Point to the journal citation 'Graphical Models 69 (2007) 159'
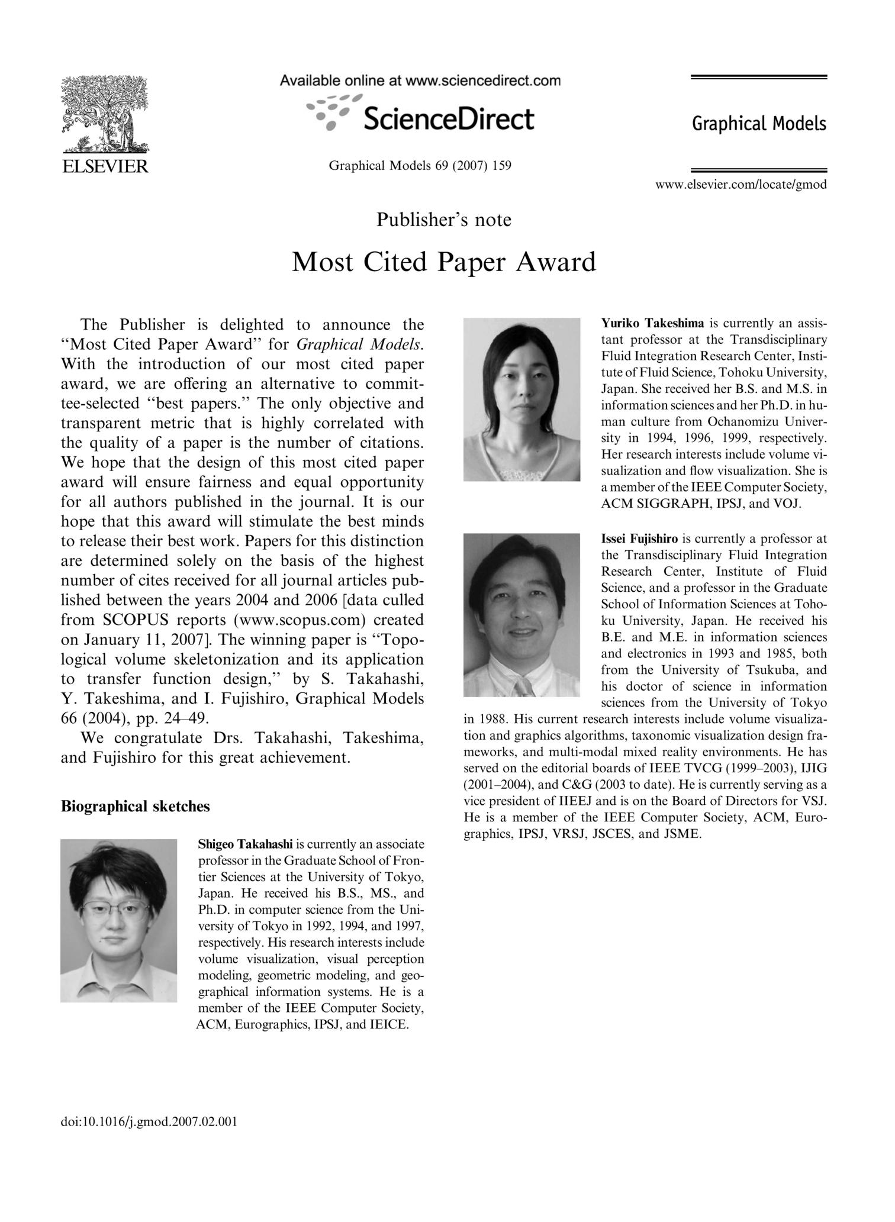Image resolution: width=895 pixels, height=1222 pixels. pyautogui.click(x=420, y=166)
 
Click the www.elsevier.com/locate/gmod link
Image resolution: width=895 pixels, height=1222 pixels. pyautogui.click(x=741, y=185)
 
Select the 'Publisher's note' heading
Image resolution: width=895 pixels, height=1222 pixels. pyautogui.click(x=444, y=220)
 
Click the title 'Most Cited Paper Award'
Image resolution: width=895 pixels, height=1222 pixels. pyautogui.click(x=444, y=262)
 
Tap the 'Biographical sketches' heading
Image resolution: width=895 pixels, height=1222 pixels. pyautogui.click(x=136, y=807)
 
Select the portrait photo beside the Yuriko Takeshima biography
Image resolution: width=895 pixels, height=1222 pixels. pyautogui.click(x=521, y=399)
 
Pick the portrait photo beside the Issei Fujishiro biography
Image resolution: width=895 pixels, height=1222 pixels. pyautogui.click(x=521, y=615)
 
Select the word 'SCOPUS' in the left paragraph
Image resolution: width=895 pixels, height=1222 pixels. pyautogui.click(x=137, y=620)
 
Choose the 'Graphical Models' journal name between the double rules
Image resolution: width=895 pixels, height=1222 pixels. pyautogui.click(x=759, y=124)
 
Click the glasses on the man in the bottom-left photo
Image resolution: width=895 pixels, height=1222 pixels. pyautogui.click(x=116, y=908)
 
